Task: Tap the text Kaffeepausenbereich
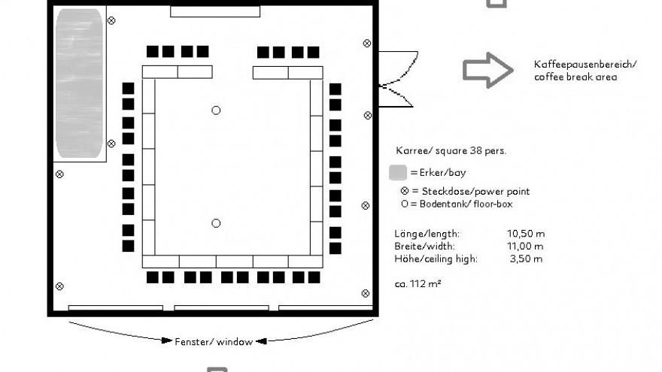pyautogui.click(x=585, y=65)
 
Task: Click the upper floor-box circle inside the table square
pyautogui.click(x=216, y=110)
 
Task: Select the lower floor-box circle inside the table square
pyautogui.click(x=216, y=223)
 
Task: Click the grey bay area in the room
pyautogui.click(x=78, y=83)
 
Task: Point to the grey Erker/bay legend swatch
pyautogui.click(x=398, y=172)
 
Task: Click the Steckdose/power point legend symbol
pyautogui.click(x=405, y=191)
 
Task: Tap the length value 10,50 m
pyautogui.click(x=525, y=234)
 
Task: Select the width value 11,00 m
pyautogui.click(x=525, y=246)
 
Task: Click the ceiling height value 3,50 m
pyautogui.click(x=527, y=259)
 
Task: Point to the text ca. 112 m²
pyautogui.click(x=418, y=284)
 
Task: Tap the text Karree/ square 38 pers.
pyautogui.click(x=451, y=150)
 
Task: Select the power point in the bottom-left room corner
pyautogui.click(x=59, y=286)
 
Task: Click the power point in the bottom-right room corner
pyautogui.click(x=366, y=293)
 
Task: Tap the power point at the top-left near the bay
pyautogui.click(x=111, y=20)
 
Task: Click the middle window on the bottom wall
pyautogui.click(x=221, y=307)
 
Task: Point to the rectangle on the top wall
pyautogui.click(x=215, y=11)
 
